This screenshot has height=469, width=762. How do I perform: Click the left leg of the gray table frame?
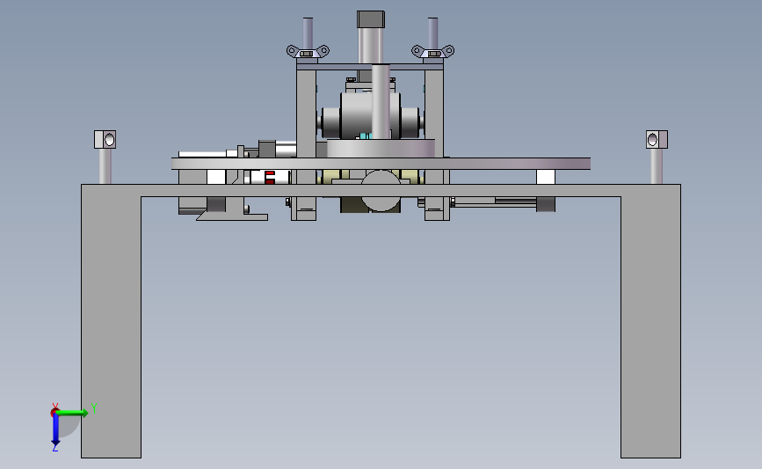pyautogui.click(x=111, y=326)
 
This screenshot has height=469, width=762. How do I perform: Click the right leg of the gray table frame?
pyautogui.click(x=650, y=326)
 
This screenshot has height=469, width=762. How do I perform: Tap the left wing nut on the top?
pyautogui.click(x=308, y=51)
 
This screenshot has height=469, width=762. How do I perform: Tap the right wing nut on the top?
pyautogui.click(x=433, y=51)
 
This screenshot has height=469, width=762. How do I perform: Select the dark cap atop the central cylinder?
pyautogui.click(x=371, y=19)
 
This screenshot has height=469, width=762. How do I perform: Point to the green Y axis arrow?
pyautogui.click(x=72, y=413)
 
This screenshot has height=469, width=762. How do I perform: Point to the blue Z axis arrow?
pyautogui.click(x=55, y=429)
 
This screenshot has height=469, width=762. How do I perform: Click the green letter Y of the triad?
pyautogui.click(x=94, y=407)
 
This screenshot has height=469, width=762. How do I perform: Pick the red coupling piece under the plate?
pyautogui.click(x=270, y=178)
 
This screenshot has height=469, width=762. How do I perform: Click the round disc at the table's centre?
pyautogui.click(x=381, y=191)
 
